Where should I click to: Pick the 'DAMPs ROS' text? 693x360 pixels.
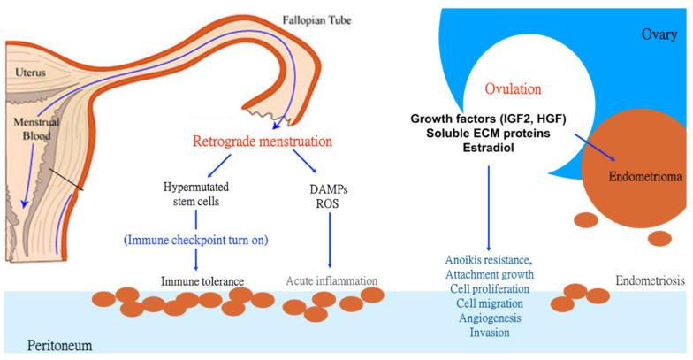[x=330, y=194]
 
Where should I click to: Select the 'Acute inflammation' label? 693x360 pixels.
[x=331, y=281]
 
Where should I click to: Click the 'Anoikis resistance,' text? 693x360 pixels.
[x=489, y=259]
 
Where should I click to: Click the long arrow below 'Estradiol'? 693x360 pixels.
[x=489, y=203]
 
